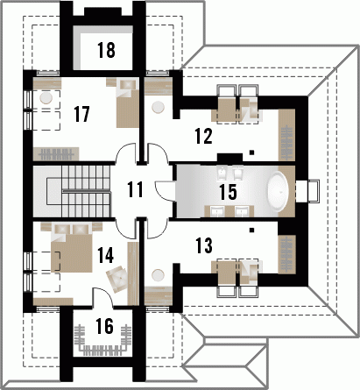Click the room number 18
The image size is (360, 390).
106,50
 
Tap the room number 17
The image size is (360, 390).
81,114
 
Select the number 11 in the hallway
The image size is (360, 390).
135,189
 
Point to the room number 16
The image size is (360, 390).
104,326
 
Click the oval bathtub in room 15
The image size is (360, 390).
279,192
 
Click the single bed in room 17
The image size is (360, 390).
128,103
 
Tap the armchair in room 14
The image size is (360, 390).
116,279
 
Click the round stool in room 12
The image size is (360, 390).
158,107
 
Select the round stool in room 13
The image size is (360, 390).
158,275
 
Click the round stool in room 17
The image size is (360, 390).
46,98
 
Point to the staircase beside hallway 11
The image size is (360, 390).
72,192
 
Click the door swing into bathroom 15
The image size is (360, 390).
164,191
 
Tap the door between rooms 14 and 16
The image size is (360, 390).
102,296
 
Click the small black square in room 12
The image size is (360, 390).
251,152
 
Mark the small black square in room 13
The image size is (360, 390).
251,230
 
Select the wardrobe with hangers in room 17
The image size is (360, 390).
56,154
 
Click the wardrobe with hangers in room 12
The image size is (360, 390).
286,135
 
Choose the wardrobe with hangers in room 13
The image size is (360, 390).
286,254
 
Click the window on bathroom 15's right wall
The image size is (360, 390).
308,191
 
